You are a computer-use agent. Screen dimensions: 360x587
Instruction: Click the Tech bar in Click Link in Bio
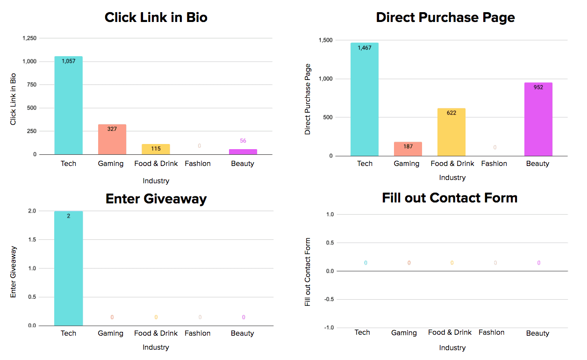(x=68, y=105)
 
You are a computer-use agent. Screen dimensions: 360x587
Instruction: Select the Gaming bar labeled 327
(x=112, y=139)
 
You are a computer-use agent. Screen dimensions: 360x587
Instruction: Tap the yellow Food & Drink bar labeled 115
(x=156, y=149)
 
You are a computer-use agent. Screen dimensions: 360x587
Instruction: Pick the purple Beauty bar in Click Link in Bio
(x=243, y=152)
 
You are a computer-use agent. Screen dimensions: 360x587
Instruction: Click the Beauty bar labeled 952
(x=538, y=119)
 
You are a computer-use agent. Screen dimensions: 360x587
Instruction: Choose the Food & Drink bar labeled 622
(x=451, y=132)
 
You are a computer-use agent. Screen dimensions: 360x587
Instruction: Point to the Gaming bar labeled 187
(x=408, y=149)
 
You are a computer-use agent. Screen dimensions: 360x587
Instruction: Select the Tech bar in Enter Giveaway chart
(x=68, y=268)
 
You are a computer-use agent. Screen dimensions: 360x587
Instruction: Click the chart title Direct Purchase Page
(x=445, y=18)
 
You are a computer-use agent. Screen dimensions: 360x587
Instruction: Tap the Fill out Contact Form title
(x=450, y=198)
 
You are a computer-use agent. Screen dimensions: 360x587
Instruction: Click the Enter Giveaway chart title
(x=156, y=199)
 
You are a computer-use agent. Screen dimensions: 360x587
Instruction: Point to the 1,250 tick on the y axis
(x=29, y=38)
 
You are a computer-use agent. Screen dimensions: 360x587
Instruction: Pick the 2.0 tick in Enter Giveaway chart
(x=31, y=211)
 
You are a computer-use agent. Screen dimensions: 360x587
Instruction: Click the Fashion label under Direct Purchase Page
(x=494, y=164)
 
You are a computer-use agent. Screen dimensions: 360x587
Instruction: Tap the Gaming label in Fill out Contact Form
(x=404, y=333)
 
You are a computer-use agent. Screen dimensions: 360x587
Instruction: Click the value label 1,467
(x=365, y=48)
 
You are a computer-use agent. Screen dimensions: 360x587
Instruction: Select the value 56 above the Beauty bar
(x=243, y=141)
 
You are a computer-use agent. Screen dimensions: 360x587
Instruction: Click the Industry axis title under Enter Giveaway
(x=156, y=347)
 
